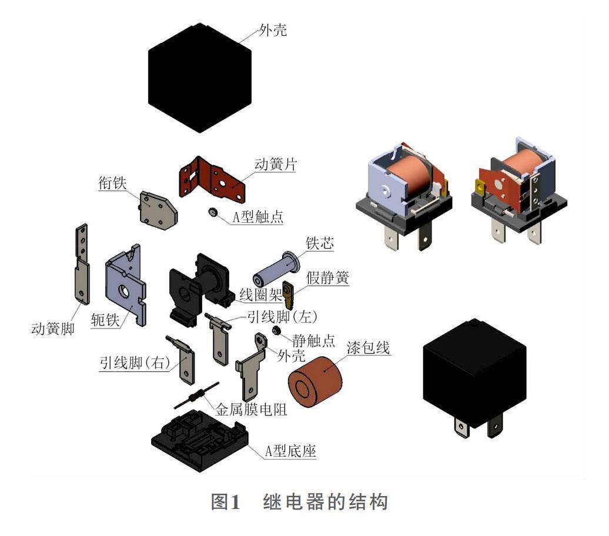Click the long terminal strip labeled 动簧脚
coord(81,271)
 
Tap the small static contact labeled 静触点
coord(276,331)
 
